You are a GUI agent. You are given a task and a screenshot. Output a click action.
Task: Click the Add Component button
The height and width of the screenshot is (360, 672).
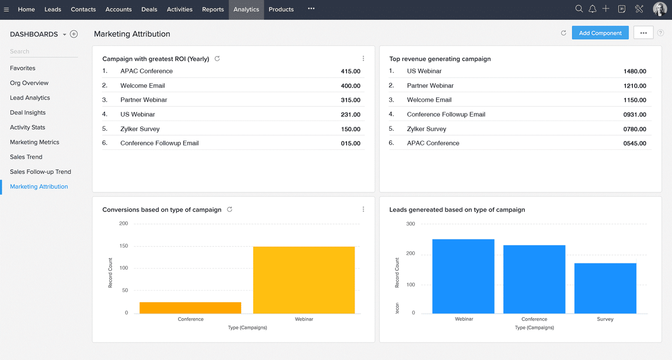600,33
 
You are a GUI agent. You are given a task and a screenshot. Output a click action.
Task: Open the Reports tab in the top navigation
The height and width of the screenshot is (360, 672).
213,9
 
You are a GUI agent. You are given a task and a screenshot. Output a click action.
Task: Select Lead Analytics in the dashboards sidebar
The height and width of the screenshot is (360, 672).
30,97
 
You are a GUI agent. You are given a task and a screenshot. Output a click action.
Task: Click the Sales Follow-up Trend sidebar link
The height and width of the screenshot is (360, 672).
40,171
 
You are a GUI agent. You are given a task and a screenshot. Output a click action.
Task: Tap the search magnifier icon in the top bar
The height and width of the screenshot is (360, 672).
579,9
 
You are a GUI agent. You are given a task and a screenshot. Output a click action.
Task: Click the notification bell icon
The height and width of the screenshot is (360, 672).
592,9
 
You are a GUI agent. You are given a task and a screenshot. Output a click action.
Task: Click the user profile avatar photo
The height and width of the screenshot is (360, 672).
659,9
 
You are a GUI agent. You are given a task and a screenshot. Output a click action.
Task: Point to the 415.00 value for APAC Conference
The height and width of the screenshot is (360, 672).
350,71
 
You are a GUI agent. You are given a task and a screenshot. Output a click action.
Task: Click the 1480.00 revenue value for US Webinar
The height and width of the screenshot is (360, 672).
634,71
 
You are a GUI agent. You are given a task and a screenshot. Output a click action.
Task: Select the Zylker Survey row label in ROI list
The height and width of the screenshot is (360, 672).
140,129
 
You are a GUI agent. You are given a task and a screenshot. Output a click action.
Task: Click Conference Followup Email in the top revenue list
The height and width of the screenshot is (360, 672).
446,114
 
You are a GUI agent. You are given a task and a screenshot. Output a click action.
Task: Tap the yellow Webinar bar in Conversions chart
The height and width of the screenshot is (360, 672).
304,280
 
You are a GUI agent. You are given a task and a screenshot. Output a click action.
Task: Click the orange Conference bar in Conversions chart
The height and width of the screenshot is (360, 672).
190,307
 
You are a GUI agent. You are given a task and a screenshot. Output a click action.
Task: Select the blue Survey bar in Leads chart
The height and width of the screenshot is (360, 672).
605,288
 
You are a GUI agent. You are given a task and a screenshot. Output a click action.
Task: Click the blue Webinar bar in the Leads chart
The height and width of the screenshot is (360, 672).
463,276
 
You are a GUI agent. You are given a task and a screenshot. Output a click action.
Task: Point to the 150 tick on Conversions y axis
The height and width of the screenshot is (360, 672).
123,246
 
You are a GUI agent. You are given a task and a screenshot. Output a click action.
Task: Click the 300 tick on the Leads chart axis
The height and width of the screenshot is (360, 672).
410,224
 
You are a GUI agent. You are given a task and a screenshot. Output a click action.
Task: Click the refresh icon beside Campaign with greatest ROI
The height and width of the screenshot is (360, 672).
217,58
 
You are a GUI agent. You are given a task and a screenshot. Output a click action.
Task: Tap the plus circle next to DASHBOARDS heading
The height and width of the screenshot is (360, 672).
74,34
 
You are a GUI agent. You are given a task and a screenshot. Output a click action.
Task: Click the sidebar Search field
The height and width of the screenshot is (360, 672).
43,51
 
